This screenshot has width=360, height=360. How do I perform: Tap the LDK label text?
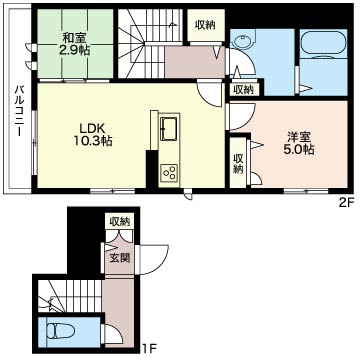click(92, 128)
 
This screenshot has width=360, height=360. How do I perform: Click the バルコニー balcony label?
click(19, 111)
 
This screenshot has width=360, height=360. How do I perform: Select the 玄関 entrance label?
click(120, 258)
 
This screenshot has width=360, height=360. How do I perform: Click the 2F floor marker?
click(346, 202)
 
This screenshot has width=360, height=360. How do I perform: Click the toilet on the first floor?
click(60, 331)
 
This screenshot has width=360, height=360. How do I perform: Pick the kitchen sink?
click(169, 129)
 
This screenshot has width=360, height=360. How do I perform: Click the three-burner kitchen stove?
click(169, 173)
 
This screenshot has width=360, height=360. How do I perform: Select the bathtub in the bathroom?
click(324, 44)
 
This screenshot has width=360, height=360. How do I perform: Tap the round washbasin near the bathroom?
click(242, 42)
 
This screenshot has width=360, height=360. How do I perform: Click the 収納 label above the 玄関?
click(120, 220)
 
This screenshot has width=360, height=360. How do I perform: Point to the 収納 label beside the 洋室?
click(238, 164)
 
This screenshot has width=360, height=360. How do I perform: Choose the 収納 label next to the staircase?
click(205, 25)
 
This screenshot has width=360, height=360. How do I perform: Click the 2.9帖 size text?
click(75, 50)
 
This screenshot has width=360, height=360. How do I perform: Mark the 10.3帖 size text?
click(93, 141)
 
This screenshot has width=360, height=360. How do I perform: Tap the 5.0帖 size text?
click(300, 150)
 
